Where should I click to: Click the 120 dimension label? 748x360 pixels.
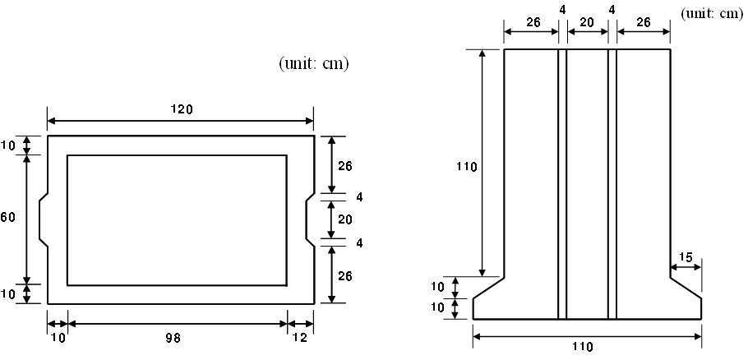tap(182, 109)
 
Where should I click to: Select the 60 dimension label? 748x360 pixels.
tap(7, 218)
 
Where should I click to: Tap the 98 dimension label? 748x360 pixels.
tap(173, 338)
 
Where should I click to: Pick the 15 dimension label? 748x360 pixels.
tap(685, 257)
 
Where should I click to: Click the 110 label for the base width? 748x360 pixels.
tap(584, 346)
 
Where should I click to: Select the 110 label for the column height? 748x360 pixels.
tap(466, 167)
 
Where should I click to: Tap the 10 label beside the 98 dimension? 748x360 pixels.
tap(58, 338)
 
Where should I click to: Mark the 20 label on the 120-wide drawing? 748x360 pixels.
tap(345, 219)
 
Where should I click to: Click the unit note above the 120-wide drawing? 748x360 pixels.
tap(313, 64)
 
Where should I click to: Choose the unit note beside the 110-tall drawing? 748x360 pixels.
tap(713, 13)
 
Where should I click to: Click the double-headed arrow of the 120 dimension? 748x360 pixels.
tap(180, 121)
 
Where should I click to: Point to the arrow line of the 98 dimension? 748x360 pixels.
tap(178, 324)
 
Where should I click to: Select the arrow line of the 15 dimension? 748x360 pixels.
tap(686, 267)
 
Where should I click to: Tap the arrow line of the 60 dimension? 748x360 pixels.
tap(26, 219)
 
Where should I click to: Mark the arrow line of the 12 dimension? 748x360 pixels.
tap(301, 324)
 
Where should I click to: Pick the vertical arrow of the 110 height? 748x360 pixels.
tap(483, 163)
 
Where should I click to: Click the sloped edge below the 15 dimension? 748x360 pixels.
tap(686, 288)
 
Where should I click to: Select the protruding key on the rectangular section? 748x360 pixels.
tap(44, 219)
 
